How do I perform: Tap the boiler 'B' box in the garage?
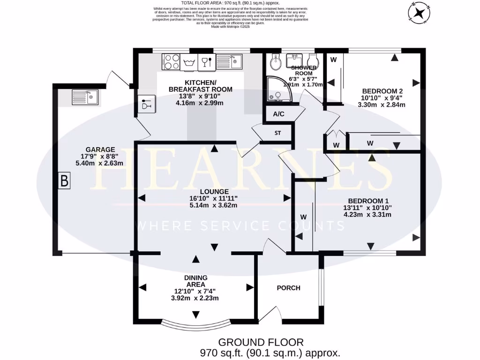coord(64,180)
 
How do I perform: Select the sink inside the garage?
coord(85,97)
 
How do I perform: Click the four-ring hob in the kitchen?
coord(171,62)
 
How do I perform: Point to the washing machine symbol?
coord(189,62)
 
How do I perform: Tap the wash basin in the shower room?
coord(295,60)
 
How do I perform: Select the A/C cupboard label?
coord(278,114)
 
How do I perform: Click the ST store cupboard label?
coord(277,133)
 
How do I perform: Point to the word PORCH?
coord(288,288)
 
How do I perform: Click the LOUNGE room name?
coord(214,191)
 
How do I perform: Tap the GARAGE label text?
coord(100,150)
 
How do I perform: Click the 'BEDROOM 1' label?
coord(367,199)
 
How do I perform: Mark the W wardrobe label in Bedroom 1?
coord(303,217)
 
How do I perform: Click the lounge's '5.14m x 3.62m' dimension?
coord(214,205)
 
